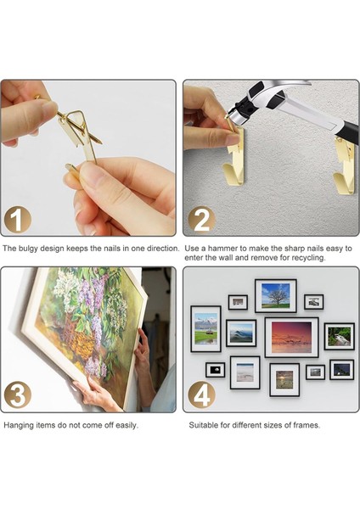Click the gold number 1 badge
click(17, 220)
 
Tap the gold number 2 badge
click(201, 220)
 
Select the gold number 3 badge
click(17, 394)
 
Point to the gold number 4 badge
click(201, 394)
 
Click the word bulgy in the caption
click(27, 249)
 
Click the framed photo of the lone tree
click(276, 296)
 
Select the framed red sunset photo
click(291, 338)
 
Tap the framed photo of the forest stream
click(340, 336)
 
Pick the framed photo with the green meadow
click(205, 329)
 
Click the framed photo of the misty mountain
click(241, 333)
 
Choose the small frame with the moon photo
click(215, 370)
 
